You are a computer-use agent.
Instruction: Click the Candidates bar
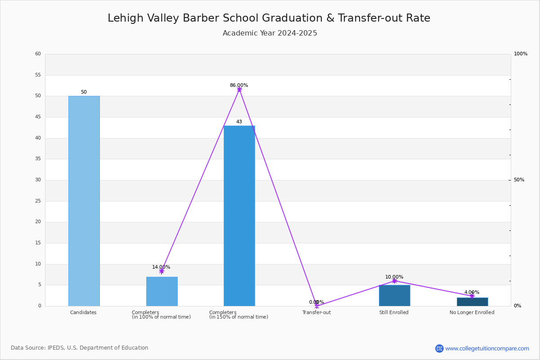tap(84, 201)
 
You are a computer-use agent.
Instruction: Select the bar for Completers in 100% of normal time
tap(162, 292)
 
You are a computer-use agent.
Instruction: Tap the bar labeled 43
tap(239, 216)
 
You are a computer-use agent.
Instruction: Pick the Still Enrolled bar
tap(395, 296)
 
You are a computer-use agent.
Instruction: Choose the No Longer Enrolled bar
tap(472, 302)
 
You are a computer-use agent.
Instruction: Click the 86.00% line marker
tap(239, 90)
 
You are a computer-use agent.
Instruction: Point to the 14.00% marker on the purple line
tap(162, 271)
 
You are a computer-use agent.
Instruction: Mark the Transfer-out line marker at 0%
tap(317, 306)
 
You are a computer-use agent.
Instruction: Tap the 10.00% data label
tap(394, 277)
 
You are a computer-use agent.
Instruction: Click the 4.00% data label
tap(472, 292)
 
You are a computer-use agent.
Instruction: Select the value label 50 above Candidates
tap(84, 92)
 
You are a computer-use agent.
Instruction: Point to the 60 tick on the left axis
tap(38, 54)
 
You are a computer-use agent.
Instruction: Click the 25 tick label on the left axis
tap(38, 201)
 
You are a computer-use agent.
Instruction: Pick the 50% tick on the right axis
tap(519, 180)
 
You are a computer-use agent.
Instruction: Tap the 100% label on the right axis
tap(521, 54)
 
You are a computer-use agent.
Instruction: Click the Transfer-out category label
tap(316, 312)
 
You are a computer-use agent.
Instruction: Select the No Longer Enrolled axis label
tap(472, 312)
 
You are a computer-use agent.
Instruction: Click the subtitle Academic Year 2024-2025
tap(270, 33)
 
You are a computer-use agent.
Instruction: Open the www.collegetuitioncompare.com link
tap(487, 348)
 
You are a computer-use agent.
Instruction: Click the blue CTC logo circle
tap(440, 348)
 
